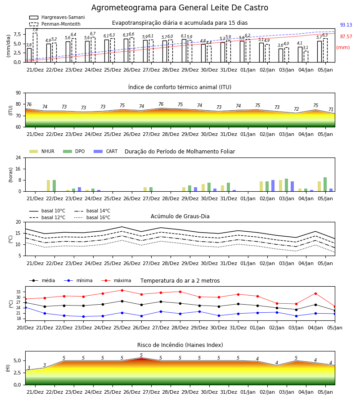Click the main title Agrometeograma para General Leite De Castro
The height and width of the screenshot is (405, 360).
[x=180, y=8]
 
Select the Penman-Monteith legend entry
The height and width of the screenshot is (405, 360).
[x=55, y=24]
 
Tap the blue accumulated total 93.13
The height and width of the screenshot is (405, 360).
[x=346, y=25]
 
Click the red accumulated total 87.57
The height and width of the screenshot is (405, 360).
[x=346, y=37]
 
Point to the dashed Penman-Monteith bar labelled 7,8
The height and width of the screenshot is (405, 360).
[x=35, y=48]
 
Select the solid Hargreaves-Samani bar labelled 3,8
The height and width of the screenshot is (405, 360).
[x=29, y=55]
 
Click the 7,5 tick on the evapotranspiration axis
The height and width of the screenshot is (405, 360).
[x=17, y=34]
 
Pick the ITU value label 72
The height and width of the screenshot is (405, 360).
[x=296, y=109]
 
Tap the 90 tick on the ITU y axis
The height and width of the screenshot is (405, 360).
[x=18, y=93]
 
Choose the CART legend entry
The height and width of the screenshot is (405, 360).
[x=106, y=151]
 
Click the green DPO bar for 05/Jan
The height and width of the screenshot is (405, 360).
[x=325, y=184]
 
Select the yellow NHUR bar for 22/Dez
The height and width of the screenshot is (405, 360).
[x=48, y=186]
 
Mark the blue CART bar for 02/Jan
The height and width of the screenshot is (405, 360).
[x=273, y=186]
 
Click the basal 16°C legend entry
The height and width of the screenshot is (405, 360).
[x=92, y=217]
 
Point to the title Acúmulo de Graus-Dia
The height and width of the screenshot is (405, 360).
[x=180, y=216]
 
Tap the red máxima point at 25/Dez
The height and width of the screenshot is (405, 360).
[x=122, y=290]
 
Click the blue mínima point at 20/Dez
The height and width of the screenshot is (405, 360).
[x=25, y=308]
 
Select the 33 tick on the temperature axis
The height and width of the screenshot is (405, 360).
[x=18, y=292]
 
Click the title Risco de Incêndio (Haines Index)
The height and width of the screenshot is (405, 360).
[x=180, y=345]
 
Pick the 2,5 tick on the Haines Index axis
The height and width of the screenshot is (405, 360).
[x=17, y=373]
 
